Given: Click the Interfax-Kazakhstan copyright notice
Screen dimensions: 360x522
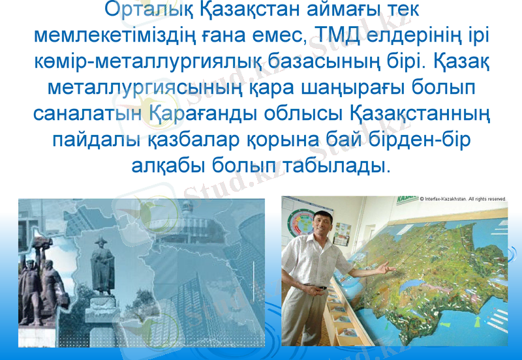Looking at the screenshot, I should pos(463,198).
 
